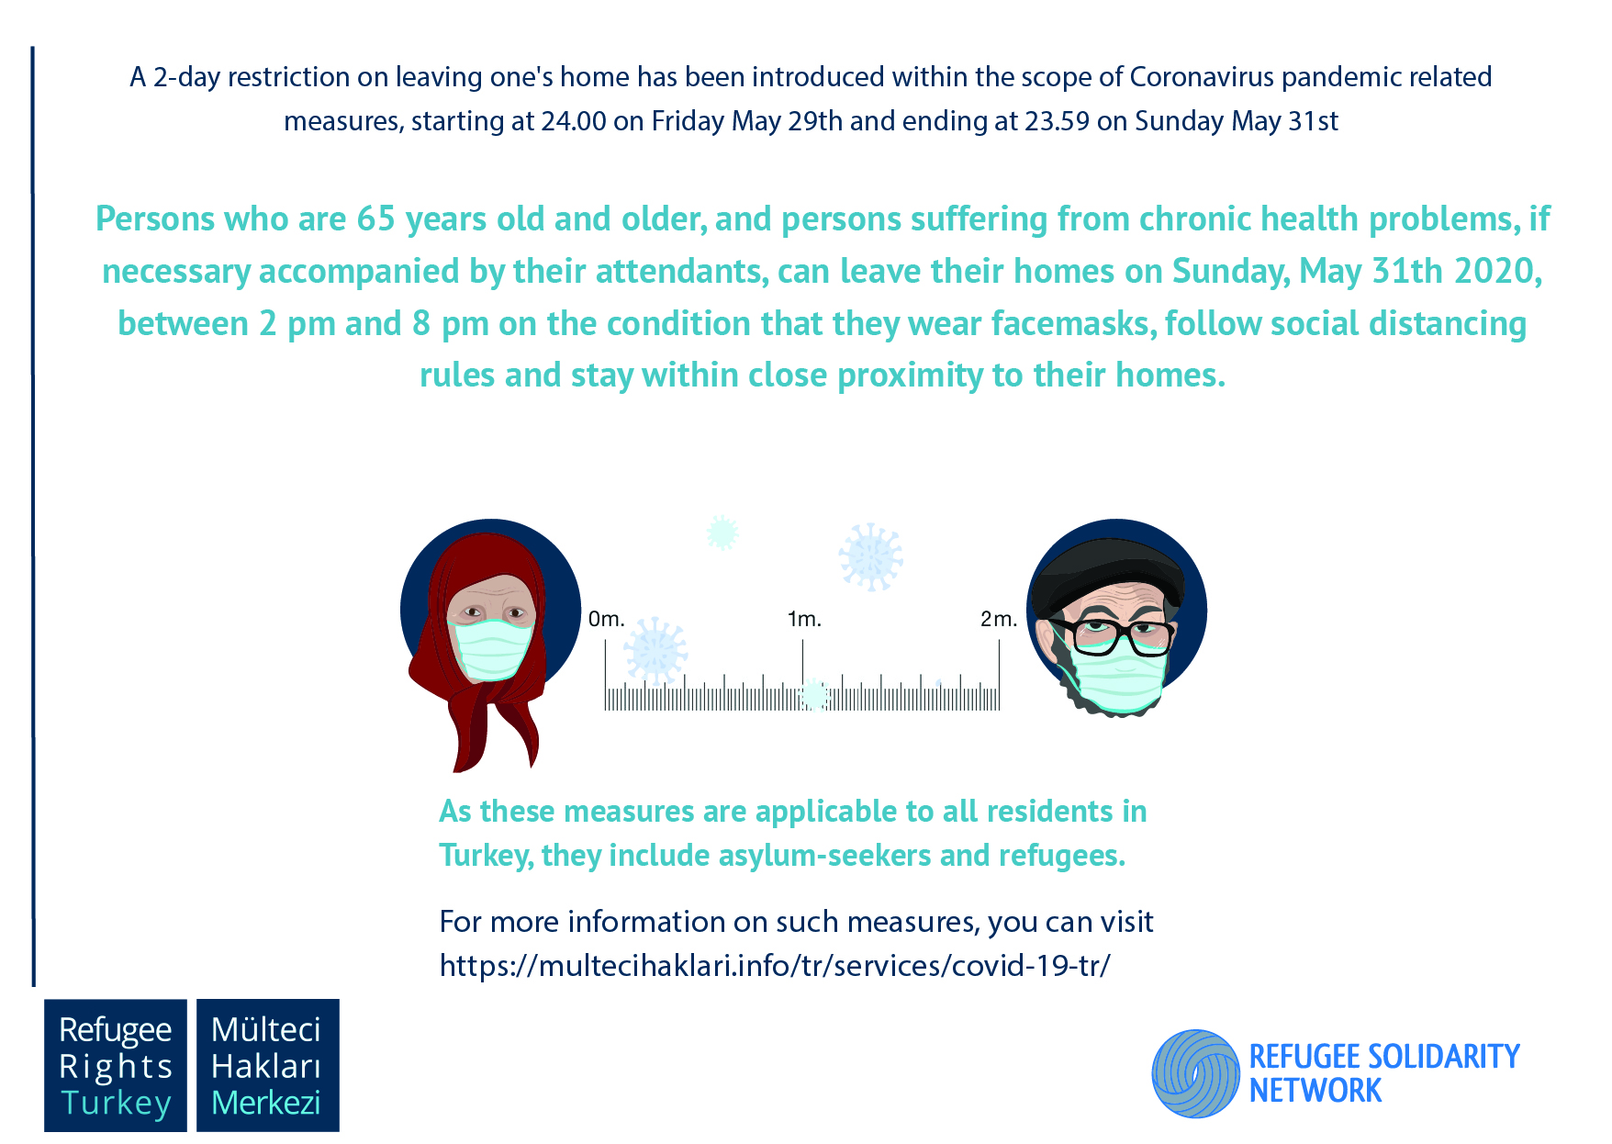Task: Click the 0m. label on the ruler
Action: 606,620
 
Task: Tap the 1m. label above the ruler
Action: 804,620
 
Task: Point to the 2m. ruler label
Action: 999,620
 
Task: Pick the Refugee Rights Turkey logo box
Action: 116,1065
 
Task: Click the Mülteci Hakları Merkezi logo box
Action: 267,1065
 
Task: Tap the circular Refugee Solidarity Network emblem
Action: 1196,1073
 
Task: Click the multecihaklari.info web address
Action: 775,966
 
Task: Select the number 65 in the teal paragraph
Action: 375,219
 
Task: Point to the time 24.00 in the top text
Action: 574,121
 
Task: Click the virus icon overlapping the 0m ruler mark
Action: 655,650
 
